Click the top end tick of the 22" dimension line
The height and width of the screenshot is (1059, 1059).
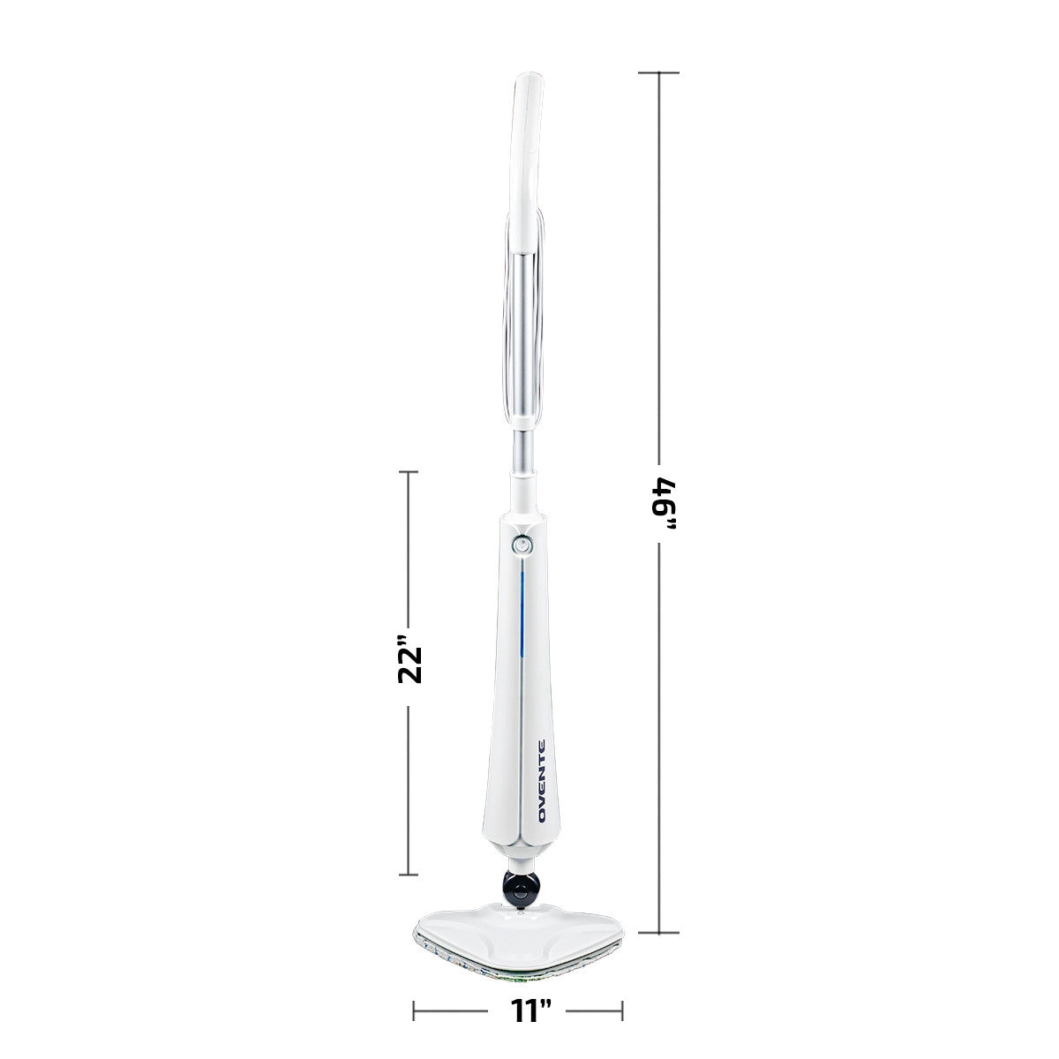coord(408,472)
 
